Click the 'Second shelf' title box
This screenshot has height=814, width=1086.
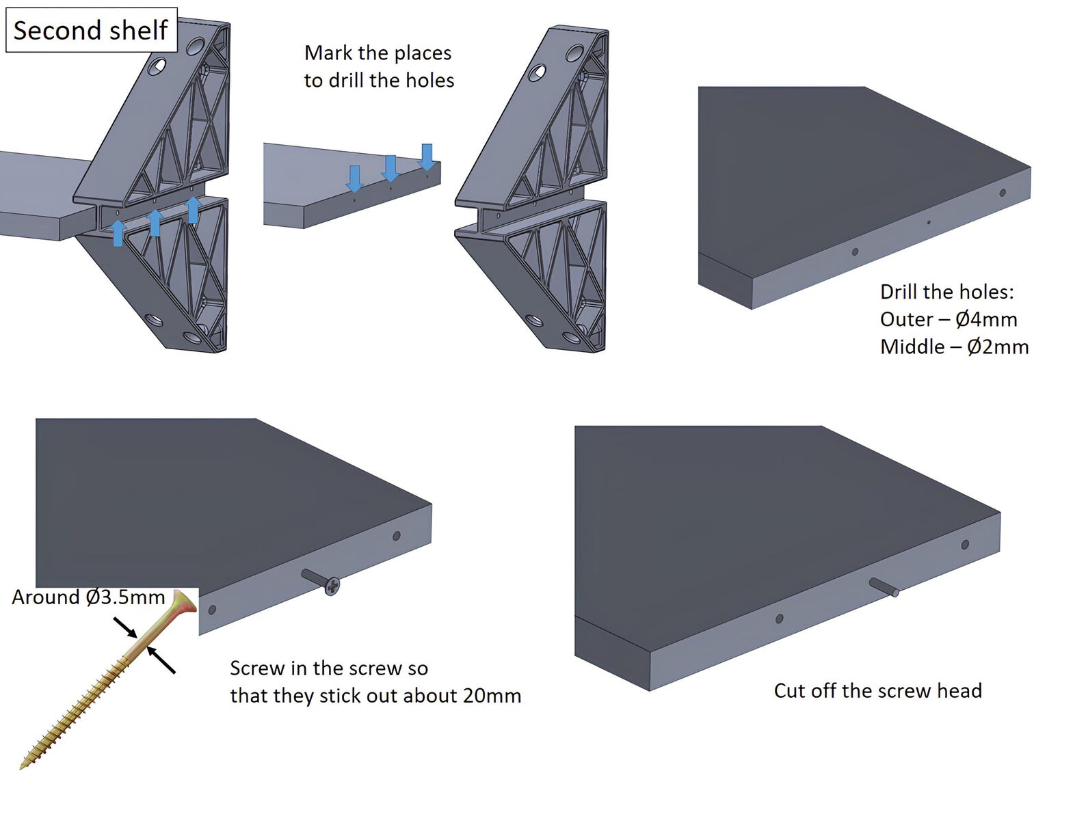click(x=91, y=30)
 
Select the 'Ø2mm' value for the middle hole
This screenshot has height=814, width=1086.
click(x=997, y=347)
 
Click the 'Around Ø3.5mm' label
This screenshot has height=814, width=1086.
click(x=88, y=597)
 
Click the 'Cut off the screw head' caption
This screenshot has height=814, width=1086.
click(x=877, y=691)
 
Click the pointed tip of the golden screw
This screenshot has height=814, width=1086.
click(x=23, y=765)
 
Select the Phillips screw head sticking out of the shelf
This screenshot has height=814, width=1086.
click(x=332, y=586)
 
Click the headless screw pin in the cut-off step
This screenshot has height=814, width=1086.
click(x=884, y=586)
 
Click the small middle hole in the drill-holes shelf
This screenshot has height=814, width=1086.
click(x=928, y=222)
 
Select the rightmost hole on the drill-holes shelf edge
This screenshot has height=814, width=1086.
click(x=1003, y=193)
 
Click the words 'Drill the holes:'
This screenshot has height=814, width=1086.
click(x=946, y=292)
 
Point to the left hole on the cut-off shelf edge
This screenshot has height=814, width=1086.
click(x=779, y=619)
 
